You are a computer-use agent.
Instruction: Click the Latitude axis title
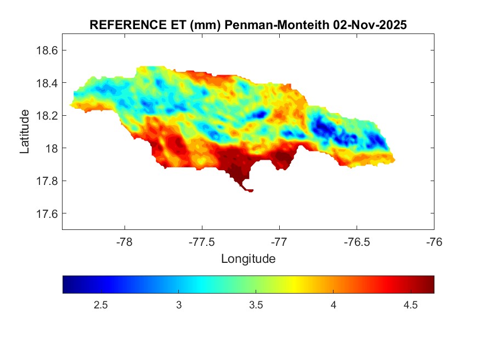point(25,131)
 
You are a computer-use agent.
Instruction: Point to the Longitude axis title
point(248,258)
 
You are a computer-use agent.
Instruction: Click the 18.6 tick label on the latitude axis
point(47,50)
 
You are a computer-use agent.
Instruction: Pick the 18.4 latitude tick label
point(47,83)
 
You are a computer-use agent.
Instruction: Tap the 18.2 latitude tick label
point(47,116)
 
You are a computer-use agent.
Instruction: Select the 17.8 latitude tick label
point(47,181)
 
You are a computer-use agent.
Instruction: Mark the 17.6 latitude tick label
point(47,213)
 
